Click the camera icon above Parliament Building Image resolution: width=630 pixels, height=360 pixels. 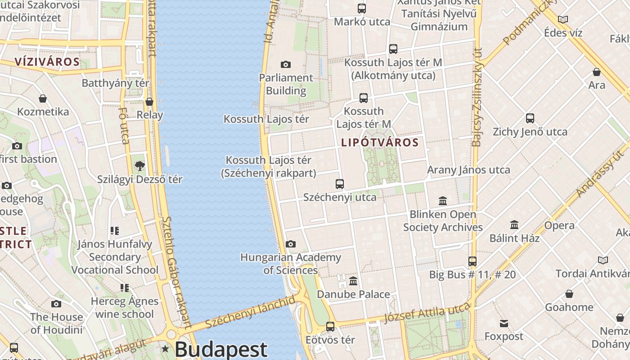tap(285, 65)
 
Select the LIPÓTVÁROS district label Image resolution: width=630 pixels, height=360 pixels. tap(380, 143)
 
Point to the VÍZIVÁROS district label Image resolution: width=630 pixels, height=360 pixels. tap(47, 62)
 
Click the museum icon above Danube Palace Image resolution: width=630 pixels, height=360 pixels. tap(353, 281)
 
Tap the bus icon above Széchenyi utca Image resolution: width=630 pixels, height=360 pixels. tap(340, 184)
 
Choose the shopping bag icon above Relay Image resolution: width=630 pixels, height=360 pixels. tap(149, 102)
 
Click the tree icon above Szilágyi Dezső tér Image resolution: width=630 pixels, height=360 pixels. tap(139, 166)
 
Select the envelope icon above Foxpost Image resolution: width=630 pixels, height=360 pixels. tap(504, 323)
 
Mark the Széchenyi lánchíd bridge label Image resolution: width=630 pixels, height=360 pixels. tap(250, 312)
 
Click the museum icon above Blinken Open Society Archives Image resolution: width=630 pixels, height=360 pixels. tap(443, 201)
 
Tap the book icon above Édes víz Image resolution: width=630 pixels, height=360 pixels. tap(562, 19)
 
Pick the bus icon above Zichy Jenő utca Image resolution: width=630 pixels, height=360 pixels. tap(530, 118)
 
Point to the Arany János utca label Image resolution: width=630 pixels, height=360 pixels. tap(468, 170)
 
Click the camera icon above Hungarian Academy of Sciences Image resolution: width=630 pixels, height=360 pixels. tap(291, 244)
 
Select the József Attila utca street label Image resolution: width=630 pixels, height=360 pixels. tap(426, 313)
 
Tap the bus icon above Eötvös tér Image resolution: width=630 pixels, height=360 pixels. tap(330, 327)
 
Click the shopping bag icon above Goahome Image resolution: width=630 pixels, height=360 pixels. tap(569, 294)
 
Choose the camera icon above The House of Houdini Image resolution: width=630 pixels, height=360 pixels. tap(56, 304)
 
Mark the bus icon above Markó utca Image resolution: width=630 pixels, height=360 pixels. tap(362, 8)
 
